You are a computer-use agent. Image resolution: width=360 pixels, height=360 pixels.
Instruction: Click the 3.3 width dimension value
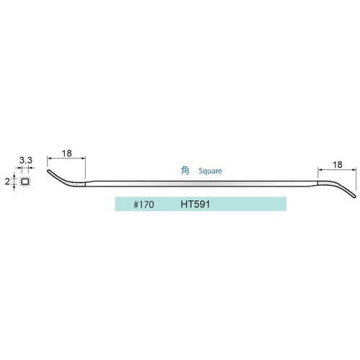(26, 160)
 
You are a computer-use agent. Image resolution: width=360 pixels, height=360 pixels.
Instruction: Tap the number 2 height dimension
(7, 181)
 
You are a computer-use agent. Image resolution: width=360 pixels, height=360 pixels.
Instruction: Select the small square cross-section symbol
(24, 181)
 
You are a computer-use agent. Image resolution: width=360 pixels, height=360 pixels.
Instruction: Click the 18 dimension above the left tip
(67, 153)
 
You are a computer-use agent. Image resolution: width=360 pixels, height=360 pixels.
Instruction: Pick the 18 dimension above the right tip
(337, 165)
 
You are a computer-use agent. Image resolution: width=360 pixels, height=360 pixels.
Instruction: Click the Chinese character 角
(185, 171)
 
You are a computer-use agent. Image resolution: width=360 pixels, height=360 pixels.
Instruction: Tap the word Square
(210, 171)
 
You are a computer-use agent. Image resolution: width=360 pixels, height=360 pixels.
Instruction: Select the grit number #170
(144, 204)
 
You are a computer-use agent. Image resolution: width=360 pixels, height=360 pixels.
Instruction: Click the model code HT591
(195, 204)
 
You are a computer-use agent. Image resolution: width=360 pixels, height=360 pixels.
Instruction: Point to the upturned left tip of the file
(49, 171)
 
